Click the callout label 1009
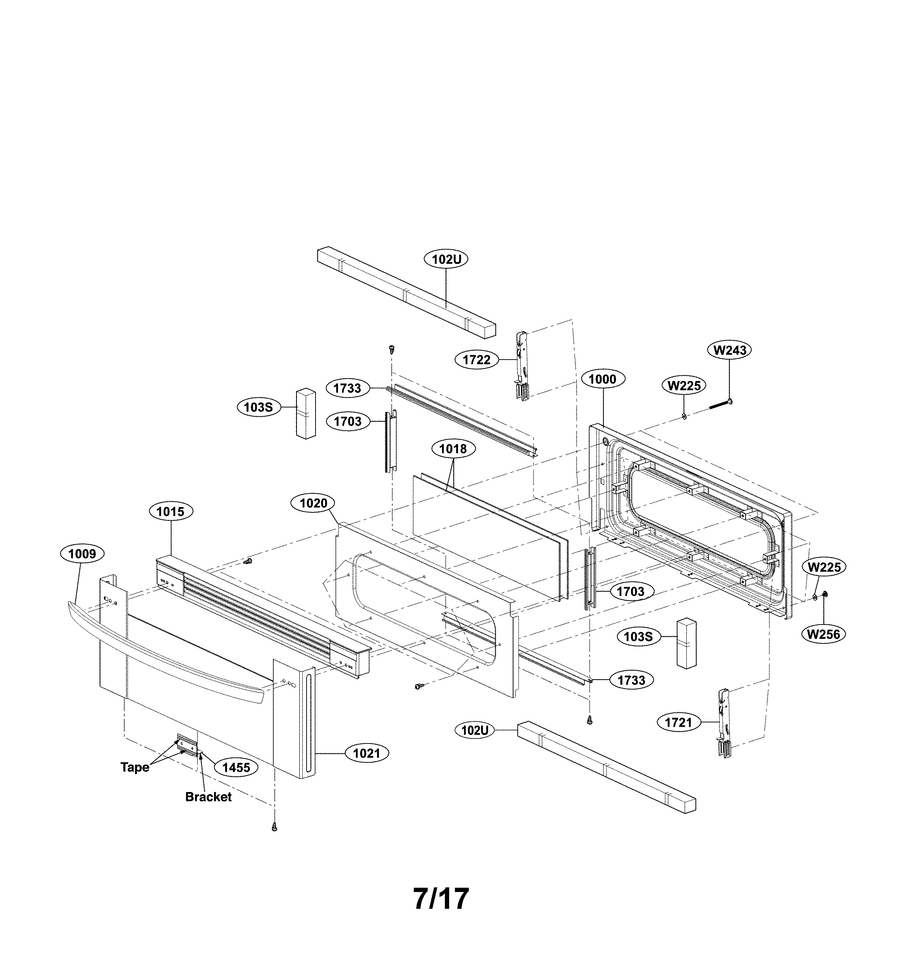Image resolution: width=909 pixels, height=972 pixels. coord(82,553)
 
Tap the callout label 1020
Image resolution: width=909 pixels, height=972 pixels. coord(313,503)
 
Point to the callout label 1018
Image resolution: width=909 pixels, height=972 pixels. coord(453,449)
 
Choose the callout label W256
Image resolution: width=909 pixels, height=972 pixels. coord(823,634)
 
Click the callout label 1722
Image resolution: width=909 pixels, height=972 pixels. coord(477,360)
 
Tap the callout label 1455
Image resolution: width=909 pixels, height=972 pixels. coord(236,767)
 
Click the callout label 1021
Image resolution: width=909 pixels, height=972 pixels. coord(367,753)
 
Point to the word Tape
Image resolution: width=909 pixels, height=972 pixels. coord(135,767)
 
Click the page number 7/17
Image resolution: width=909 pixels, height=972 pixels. coord(441,898)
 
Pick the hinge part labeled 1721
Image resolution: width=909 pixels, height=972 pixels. coord(724,723)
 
